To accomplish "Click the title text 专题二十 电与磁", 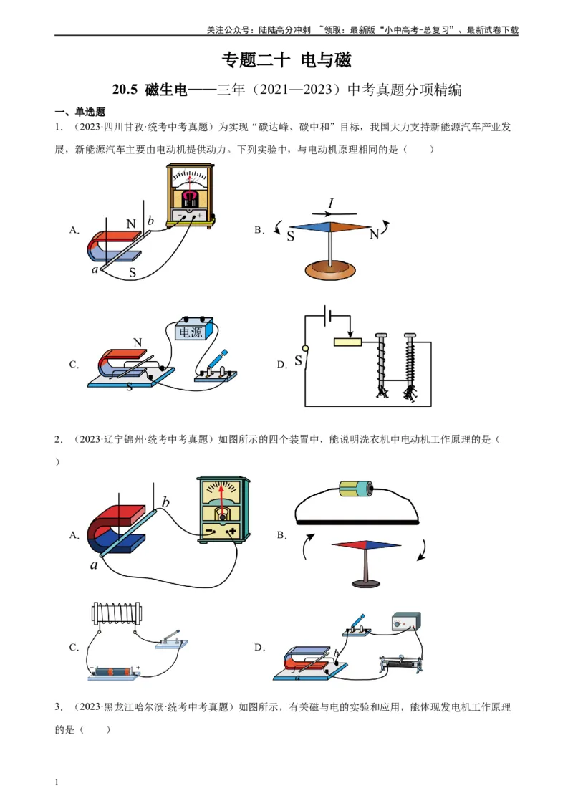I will (286, 60).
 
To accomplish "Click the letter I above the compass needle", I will (330, 203).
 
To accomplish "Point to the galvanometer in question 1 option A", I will (189, 196).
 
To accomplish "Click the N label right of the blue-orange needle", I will (374, 234).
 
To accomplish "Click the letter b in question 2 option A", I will (165, 502).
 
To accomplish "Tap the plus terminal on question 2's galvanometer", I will (231, 532).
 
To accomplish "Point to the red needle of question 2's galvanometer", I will (223, 502).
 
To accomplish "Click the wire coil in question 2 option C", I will (117, 613).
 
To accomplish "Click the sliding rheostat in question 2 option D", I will (401, 663).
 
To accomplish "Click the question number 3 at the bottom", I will (57, 707).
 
